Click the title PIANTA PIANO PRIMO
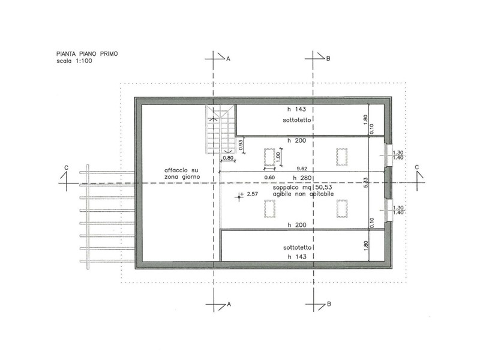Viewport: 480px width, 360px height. [x=87, y=54]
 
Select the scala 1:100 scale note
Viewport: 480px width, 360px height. [x=74, y=61]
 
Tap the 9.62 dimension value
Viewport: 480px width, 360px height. [x=302, y=169]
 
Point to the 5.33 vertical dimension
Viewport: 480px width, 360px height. [x=366, y=182]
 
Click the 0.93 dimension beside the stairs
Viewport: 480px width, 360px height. [x=241, y=145]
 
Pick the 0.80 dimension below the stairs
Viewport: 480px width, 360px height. [x=228, y=158]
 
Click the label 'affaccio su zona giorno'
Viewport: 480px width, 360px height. [x=182, y=173]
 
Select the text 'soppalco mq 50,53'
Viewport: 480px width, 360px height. [x=302, y=187]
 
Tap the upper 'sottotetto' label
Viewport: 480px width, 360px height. [x=297, y=120]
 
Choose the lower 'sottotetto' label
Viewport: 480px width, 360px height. [x=297, y=247]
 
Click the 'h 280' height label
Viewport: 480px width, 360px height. [x=302, y=178]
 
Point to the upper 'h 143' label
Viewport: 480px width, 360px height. [x=296, y=109]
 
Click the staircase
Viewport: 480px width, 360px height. [x=220, y=129]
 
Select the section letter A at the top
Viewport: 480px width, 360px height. [x=228, y=58]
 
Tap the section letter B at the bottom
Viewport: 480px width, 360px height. [x=329, y=304]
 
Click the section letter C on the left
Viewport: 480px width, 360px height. [x=66, y=168]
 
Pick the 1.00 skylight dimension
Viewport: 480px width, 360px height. [x=278, y=156]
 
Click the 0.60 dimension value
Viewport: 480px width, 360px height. [x=269, y=177]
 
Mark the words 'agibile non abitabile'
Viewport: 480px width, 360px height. [x=304, y=194]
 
